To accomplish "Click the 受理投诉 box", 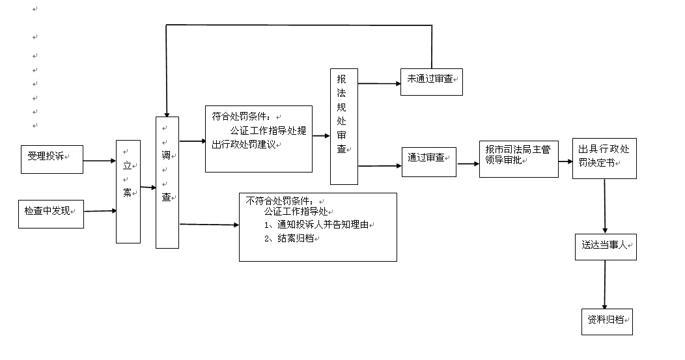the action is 52,159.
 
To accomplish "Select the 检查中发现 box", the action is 51,214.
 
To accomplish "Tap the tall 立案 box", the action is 128,191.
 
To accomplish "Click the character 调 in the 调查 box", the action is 166,155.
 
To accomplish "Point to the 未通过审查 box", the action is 432,81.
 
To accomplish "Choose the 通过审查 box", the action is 429,161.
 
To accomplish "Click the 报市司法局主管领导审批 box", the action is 519,159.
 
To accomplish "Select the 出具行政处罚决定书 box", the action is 605,158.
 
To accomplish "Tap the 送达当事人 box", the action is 606,247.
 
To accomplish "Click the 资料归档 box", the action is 608,322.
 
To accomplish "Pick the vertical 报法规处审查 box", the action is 344,126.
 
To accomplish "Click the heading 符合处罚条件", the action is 241,117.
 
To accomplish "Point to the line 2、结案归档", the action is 289,238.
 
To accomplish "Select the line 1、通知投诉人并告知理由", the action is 316,225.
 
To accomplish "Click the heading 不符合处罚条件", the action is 279,201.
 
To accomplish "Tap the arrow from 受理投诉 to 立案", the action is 100,161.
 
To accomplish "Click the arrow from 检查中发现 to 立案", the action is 100,211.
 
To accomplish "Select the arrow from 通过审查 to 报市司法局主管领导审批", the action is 468,164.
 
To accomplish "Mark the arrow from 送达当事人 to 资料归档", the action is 605,284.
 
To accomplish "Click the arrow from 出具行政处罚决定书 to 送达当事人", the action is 605,206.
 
